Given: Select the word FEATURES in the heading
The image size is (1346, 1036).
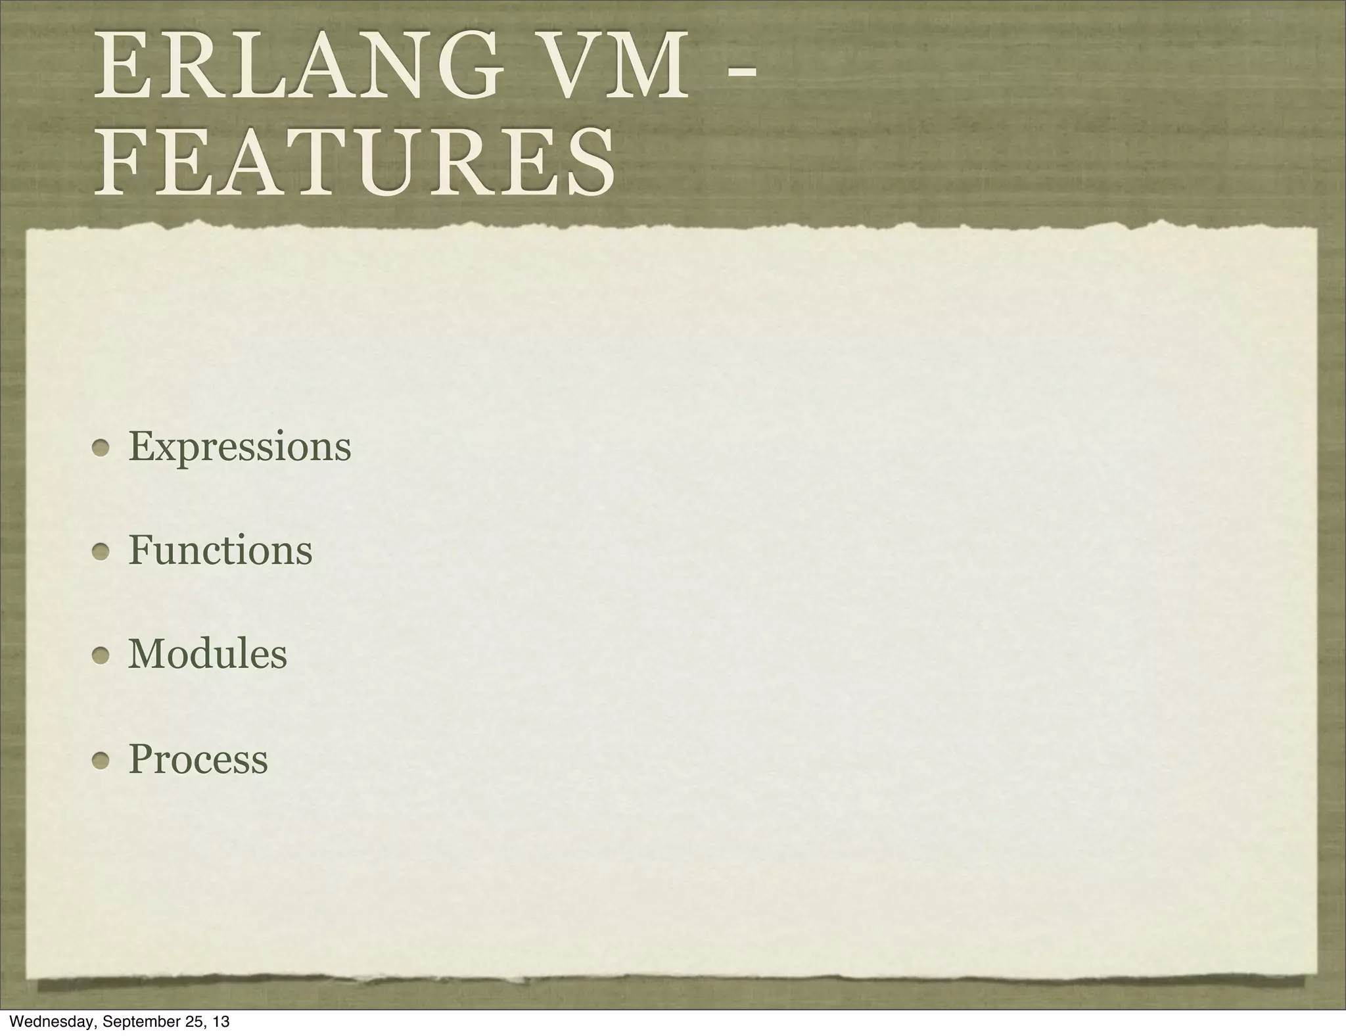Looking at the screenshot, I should coord(355,161).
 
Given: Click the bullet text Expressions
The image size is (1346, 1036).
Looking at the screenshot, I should coord(240,448).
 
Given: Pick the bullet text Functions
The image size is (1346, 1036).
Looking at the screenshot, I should coord(220,550).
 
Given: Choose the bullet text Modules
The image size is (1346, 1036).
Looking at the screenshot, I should coord(208,655).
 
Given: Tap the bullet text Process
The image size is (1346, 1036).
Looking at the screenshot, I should coord(198,759).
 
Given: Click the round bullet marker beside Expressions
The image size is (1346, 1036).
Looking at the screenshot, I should coord(101,449).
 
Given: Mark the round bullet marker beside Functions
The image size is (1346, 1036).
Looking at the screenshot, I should coord(101,553).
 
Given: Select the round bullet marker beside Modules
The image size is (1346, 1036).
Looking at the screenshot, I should coord(101,657).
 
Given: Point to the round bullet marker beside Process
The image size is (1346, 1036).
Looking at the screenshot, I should coord(101,761).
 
